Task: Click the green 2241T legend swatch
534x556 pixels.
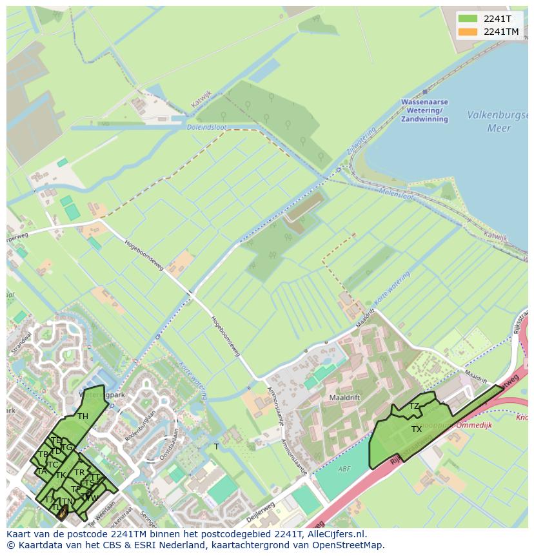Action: pyautogui.click(x=468, y=19)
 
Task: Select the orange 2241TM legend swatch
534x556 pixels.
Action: pyautogui.click(x=468, y=32)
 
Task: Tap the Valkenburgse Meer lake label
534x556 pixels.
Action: pyautogui.click(x=499, y=121)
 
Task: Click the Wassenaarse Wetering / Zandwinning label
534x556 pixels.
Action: pyautogui.click(x=424, y=110)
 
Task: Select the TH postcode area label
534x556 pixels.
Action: pyautogui.click(x=83, y=417)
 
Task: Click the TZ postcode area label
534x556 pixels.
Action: pyautogui.click(x=414, y=406)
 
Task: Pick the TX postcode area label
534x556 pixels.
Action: pyautogui.click(x=417, y=429)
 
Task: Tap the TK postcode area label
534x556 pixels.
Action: pyautogui.click(x=61, y=475)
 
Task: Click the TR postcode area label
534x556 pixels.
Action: pyautogui.click(x=79, y=473)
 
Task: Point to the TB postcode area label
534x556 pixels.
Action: pyautogui.click(x=43, y=455)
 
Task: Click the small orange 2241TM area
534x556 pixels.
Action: pyautogui.click(x=62, y=513)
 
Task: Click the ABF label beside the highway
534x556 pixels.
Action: pyautogui.click(x=345, y=469)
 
